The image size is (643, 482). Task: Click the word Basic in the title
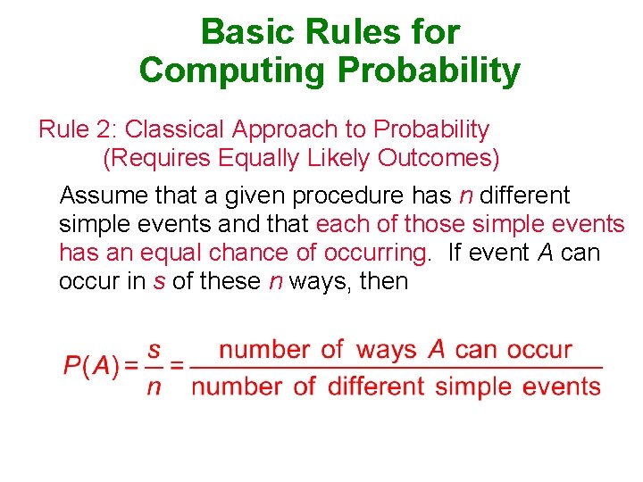tap(241, 32)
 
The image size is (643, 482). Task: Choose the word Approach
tap(285, 129)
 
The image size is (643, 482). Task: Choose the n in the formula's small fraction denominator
tap(154, 386)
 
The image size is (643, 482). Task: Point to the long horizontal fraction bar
tap(397, 367)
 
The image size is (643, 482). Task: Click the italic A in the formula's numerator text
tap(436, 349)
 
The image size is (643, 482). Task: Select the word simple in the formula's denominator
tap(472, 386)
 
